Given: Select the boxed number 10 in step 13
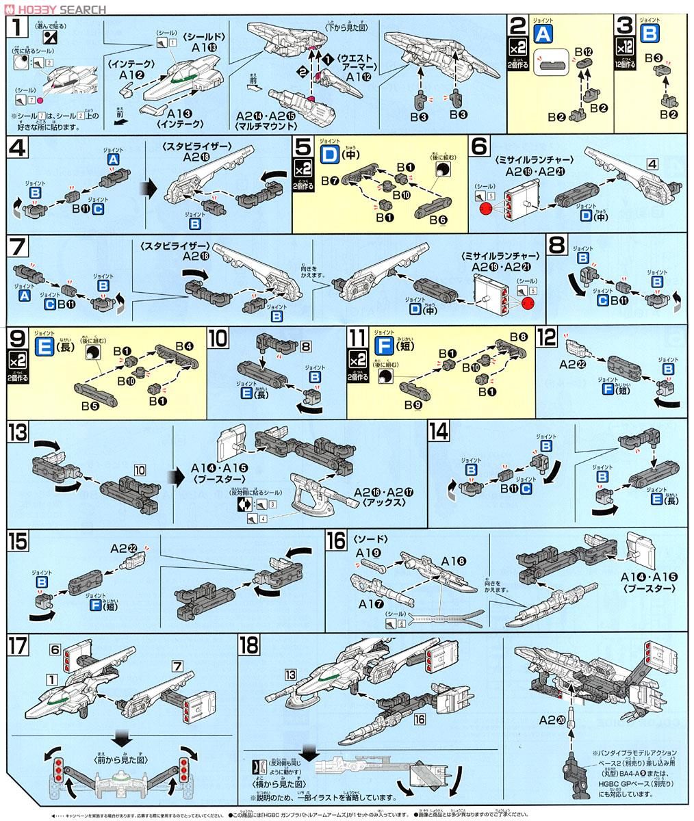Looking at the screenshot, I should coord(140,470).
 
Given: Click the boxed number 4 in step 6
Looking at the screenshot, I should coord(652,164).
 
